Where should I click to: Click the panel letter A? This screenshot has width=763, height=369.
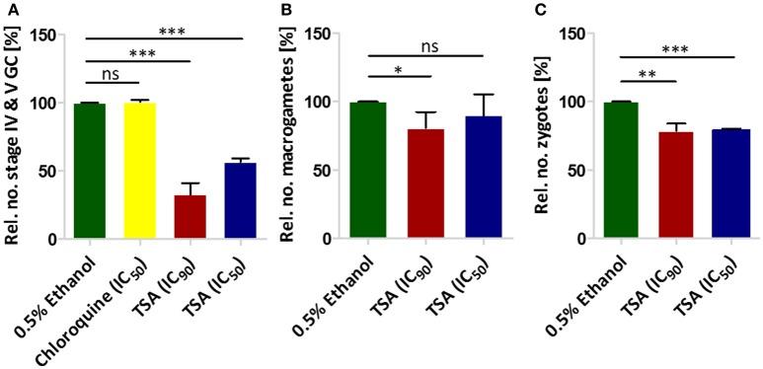[8, 9]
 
